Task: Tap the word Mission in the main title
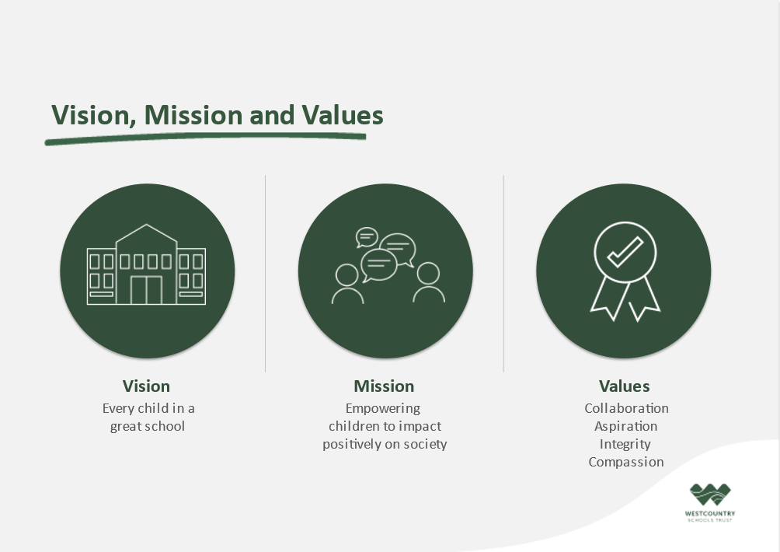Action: tap(193, 115)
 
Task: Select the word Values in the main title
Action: tap(343, 115)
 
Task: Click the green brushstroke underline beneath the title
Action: tap(205, 138)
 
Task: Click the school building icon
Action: tap(146, 264)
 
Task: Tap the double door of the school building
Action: tap(146, 290)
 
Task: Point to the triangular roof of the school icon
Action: tap(146, 234)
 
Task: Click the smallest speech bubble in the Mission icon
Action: tap(367, 237)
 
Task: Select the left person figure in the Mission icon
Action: tap(347, 284)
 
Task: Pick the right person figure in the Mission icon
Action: tap(428, 283)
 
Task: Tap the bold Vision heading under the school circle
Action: tap(146, 386)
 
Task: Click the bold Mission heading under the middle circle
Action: tap(384, 386)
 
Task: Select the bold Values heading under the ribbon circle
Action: tap(625, 386)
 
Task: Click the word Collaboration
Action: tap(626, 408)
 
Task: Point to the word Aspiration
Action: tap(626, 427)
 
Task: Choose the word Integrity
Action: tap(625, 445)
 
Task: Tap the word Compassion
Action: tap(626, 463)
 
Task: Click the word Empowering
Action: tap(383, 409)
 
